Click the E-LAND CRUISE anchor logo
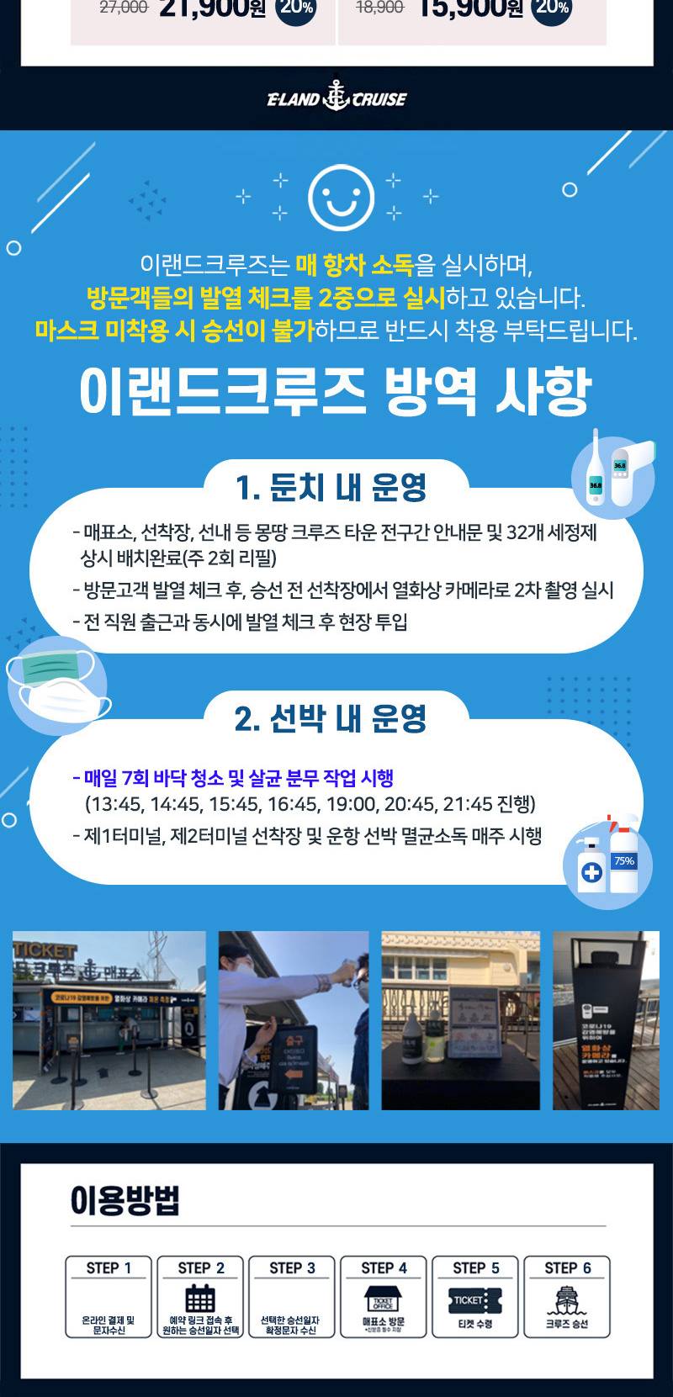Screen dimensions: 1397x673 336,98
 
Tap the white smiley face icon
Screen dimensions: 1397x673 341,198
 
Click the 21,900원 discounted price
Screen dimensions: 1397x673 211,9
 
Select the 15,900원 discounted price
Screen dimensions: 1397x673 470,9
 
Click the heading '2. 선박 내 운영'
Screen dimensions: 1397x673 331,718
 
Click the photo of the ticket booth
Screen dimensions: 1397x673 109,1019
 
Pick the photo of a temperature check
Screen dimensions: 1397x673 294,1019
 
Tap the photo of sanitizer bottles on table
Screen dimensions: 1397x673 460,1019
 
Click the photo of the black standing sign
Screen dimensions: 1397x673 606,1019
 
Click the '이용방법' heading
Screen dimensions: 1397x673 125,1200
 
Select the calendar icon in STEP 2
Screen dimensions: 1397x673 200,1298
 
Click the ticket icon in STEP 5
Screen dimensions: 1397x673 475,1300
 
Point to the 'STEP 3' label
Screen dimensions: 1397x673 292,1268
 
